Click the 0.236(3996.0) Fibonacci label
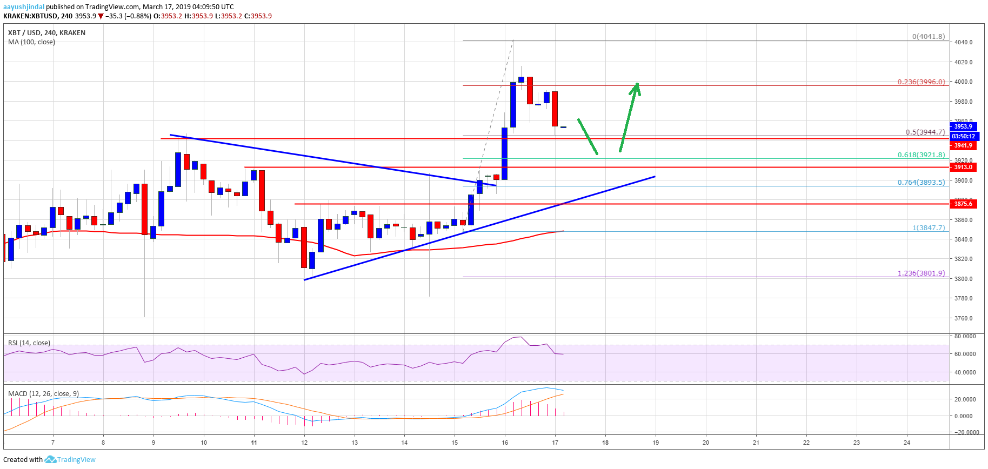tap(921, 82)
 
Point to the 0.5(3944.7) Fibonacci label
tap(925, 132)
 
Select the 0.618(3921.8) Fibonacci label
tap(921, 155)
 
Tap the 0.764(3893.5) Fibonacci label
tap(921, 183)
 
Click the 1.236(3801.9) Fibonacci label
tap(921, 273)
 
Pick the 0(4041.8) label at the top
tap(929, 37)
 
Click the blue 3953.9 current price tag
tap(963, 126)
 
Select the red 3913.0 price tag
tap(963, 167)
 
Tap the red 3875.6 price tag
tap(963, 204)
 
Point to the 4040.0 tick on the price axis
tap(963, 42)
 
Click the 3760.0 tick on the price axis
tap(963, 318)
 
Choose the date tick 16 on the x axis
tap(505, 443)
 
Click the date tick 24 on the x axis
tap(907, 443)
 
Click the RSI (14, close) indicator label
tap(29, 343)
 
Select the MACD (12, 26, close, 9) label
tap(43, 393)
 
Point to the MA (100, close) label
tap(31, 42)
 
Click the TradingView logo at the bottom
tap(70, 460)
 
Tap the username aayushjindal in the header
tap(24, 7)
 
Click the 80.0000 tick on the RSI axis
tap(965, 336)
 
